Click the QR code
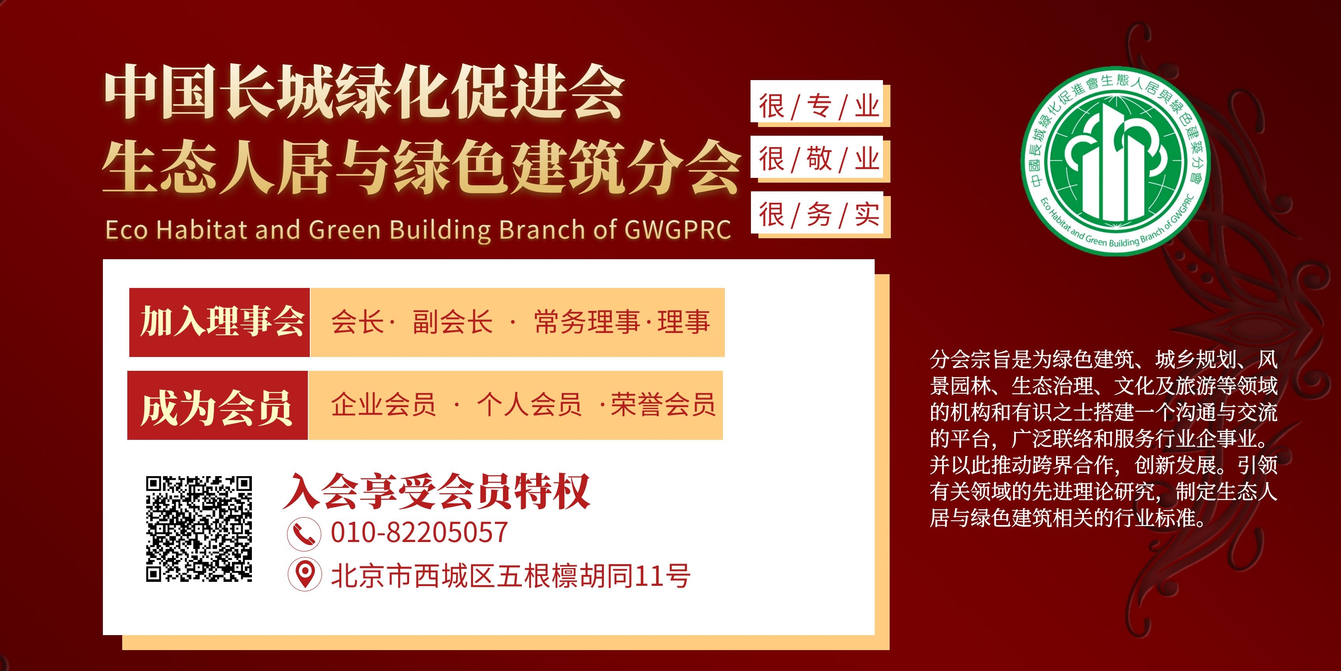click(199, 529)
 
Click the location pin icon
click(305, 575)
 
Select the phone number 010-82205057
click(419, 533)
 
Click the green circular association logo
click(1116, 161)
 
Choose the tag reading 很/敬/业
click(820, 159)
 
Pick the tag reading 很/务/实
click(820, 215)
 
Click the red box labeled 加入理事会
click(219, 322)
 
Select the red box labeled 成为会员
click(218, 405)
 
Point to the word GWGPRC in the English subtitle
click(678, 230)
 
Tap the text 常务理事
click(587, 322)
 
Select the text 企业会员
click(384, 405)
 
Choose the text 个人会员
click(529, 405)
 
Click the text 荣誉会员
click(663, 405)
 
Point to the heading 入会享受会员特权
click(436, 491)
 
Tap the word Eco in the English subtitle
click(127, 230)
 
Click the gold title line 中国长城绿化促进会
click(364, 92)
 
